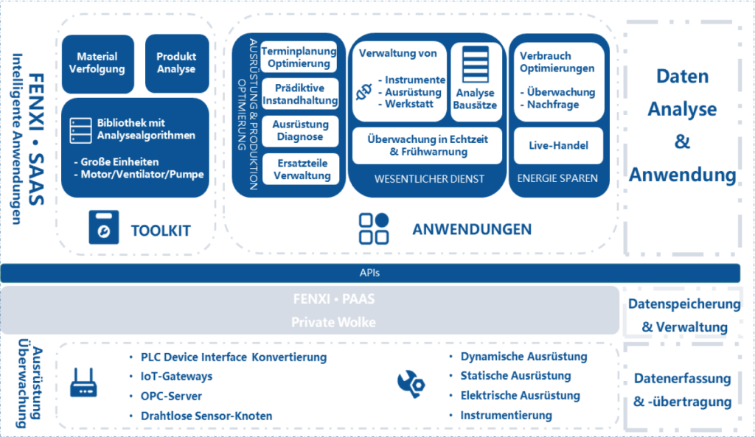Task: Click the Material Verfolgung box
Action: coord(98,63)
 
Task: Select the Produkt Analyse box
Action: coord(177,63)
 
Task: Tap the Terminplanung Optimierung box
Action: coord(299,57)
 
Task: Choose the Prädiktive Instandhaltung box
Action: coord(300,94)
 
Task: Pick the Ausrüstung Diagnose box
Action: coord(300,131)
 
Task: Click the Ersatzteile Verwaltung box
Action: coord(302,169)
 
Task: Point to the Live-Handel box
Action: coord(559,145)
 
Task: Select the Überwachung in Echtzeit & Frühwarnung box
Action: coord(427,145)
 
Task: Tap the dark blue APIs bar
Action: coord(370,273)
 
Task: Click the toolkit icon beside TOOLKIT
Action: coord(103,227)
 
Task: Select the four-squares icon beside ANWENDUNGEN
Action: coord(374,228)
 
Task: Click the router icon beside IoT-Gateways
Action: coord(84,383)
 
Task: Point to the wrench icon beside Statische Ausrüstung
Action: coord(411,384)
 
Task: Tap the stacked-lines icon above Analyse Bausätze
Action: coord(476,65)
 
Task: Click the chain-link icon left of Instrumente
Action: coord(364,91)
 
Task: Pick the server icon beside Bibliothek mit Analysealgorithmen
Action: coord(80,130)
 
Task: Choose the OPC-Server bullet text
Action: coord(171,396)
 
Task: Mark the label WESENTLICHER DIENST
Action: coord(430,179)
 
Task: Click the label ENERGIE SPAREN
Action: coord(557,178)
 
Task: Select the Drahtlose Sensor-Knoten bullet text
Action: coord(206,416)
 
